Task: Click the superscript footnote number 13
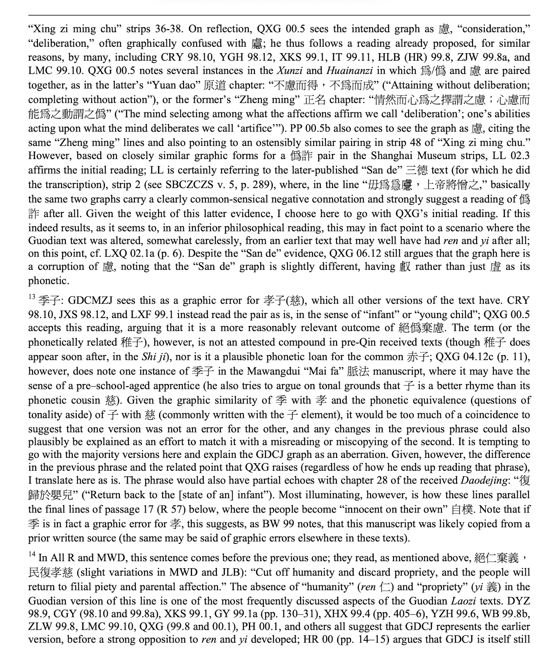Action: click(x=31, y=297)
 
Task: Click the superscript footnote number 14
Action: click(x=31, y=554)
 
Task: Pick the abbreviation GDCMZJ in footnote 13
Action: click(x=90, y=301)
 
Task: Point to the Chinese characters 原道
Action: click(x=215, y=86)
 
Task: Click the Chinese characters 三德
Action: click(x=417, y=171)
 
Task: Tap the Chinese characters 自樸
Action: click(x=462, y=510)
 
